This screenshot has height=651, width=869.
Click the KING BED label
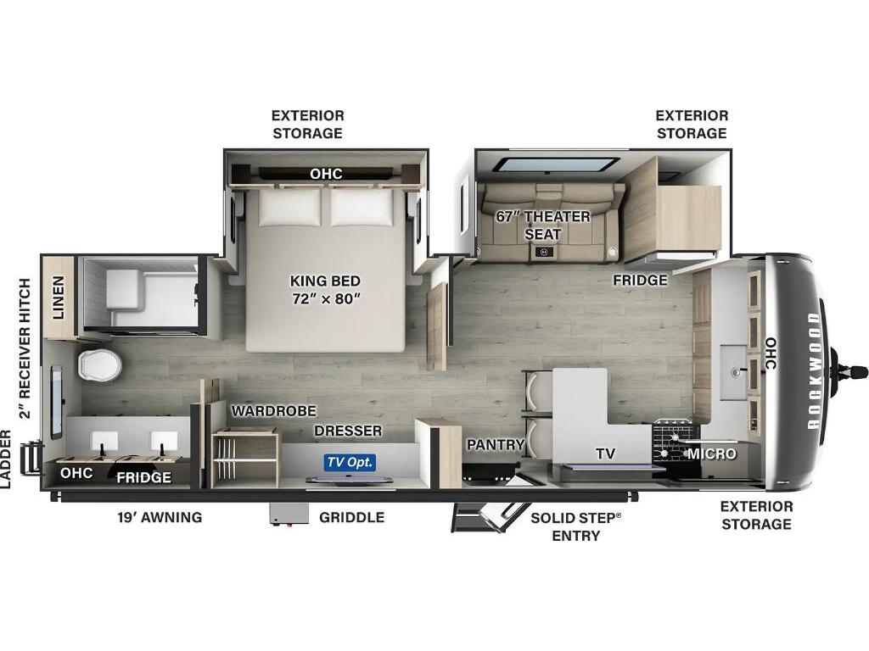click(325, 281)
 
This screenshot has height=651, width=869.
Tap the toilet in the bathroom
click(100, 364)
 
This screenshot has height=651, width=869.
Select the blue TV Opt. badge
click(350, 462)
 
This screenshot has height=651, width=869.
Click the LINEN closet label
click(59, 298)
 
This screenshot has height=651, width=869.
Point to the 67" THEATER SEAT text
click(542, 225)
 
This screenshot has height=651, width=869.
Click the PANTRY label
click(495, 444)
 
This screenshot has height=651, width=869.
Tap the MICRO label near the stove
click(712, 454)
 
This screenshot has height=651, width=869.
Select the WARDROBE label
click(274, 411)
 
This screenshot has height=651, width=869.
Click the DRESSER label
click(348, 431)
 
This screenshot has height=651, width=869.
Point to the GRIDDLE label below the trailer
click(352, 517)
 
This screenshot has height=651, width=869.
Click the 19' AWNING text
click(160, 517)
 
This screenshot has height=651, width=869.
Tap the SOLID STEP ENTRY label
click(576, 526)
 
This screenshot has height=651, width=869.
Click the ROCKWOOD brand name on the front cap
click(813, 371)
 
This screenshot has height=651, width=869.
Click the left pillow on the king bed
click(290, 207)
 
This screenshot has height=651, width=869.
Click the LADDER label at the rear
click(6, 459)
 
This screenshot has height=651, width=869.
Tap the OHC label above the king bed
click(326, 174)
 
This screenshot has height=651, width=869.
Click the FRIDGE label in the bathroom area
click(143, 477)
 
